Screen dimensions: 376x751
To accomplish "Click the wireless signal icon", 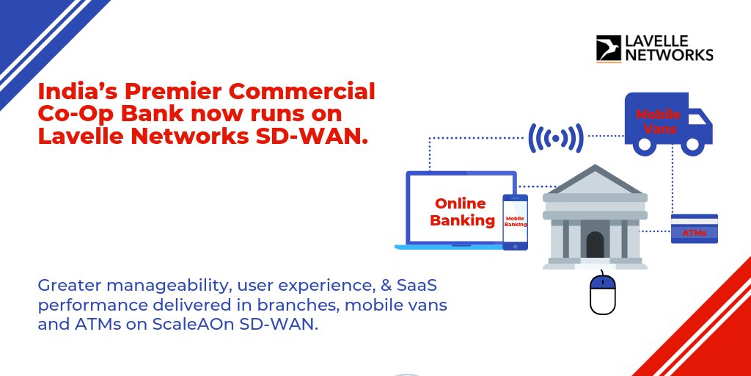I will coord(555,137).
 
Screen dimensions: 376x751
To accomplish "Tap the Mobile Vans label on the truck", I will coord(658,122).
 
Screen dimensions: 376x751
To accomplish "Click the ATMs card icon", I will coord(694,229).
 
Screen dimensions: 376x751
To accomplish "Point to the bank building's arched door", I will coord(595,244).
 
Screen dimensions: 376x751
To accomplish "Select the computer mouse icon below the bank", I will coord(603,293).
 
